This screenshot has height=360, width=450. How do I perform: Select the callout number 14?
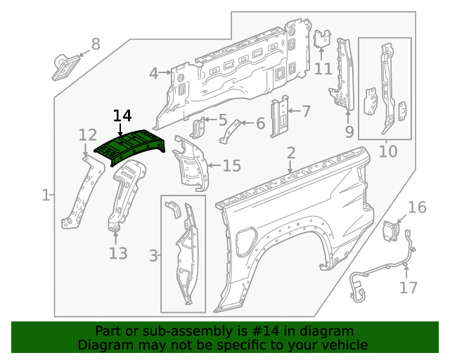[122, 116]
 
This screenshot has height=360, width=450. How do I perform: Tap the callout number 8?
[96, 44]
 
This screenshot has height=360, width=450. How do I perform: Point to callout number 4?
[153, 73]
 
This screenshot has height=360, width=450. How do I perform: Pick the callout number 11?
[323, 68]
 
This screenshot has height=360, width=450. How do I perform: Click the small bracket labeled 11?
[323, 39]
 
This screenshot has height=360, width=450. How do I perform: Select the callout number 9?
[349, 131]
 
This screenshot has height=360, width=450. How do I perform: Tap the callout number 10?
[388, 150]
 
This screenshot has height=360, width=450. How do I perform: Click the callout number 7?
[305, 110]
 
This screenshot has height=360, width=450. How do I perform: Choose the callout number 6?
[260, 124]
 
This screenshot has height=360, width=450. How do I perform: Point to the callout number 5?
[222, 120]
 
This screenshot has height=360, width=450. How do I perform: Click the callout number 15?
[231, 166]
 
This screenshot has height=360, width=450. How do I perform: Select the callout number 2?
[291, 153]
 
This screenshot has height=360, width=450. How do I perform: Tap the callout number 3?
[153, 256]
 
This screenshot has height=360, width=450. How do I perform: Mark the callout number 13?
[117, 252]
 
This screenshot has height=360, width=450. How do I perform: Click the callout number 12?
[88, 135]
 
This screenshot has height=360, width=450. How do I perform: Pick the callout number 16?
[417, 207]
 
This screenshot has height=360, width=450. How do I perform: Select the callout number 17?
[409, 287]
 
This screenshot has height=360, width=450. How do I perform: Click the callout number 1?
[46, 195]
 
